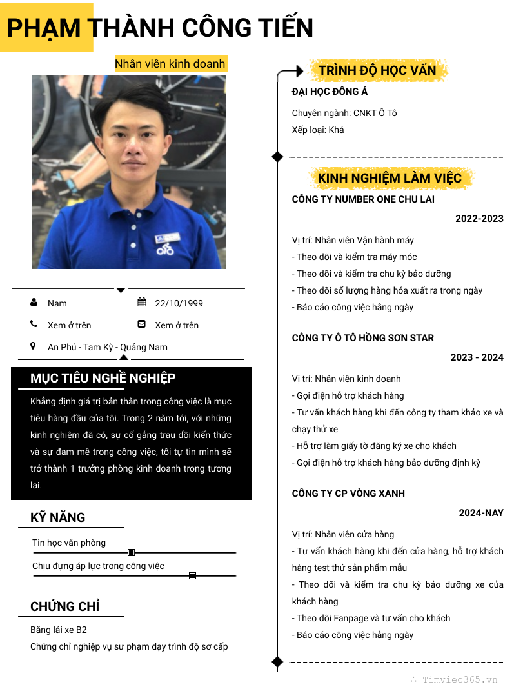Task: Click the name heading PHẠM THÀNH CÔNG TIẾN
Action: tap(160, 28)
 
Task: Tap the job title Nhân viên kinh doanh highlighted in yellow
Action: tap(170, 63)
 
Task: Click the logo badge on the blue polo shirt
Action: tap(164, 245)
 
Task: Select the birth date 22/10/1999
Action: tap(179, 303)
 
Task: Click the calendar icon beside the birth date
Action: tap(142, 303)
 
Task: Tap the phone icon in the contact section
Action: tap(34, 324)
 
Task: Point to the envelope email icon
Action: tap(142, 324)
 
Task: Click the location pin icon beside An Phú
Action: tap(34, 346)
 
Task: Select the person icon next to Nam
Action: tap(34, 303)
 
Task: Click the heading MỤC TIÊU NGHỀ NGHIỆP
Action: tap(103, 378)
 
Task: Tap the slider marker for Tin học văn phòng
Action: tap(132, 552)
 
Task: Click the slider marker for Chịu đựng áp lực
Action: tap(192, 575)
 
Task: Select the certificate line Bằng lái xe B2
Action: tap(59, 630)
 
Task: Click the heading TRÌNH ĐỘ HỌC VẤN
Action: tap(377, 70)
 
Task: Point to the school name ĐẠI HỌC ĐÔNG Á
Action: tap(330, 92)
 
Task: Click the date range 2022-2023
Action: tap(479, 219)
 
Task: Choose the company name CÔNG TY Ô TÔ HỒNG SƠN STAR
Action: tap(363, 338)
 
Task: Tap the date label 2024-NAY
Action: tap(481, 513)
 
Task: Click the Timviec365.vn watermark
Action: tap(459, 679)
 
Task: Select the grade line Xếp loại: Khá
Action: tap(318, 130)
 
